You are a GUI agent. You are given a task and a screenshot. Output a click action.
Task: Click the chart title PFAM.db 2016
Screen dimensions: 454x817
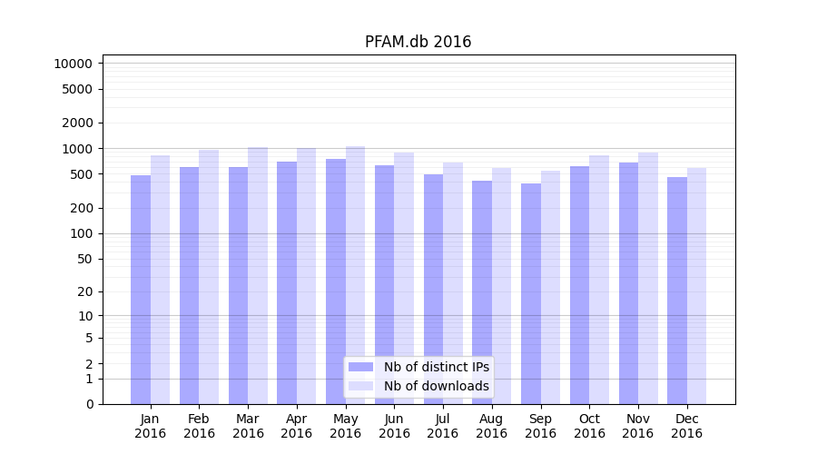click(418, 42)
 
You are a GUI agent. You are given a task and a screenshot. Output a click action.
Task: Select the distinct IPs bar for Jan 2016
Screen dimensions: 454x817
click(141, 291)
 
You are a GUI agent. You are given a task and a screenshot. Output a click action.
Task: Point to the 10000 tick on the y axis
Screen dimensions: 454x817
click(73, 64)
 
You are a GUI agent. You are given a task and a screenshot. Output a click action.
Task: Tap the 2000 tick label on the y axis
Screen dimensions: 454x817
click(76, 123)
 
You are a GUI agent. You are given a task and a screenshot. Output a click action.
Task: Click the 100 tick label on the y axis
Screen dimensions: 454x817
click(80, 233)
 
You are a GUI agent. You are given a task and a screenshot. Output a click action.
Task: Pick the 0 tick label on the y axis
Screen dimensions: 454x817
click(88, 404)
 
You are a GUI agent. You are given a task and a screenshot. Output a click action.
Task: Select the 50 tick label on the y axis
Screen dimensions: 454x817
click(84, 259)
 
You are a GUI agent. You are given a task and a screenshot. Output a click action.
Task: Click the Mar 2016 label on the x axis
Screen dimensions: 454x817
click(248, 426)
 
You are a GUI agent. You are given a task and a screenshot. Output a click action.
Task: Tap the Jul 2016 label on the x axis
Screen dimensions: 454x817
click(443, 426)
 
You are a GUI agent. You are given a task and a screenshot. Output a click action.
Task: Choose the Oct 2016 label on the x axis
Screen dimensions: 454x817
click(589, 426)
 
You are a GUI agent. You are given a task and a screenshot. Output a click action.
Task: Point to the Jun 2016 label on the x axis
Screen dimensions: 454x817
click(394, 426)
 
